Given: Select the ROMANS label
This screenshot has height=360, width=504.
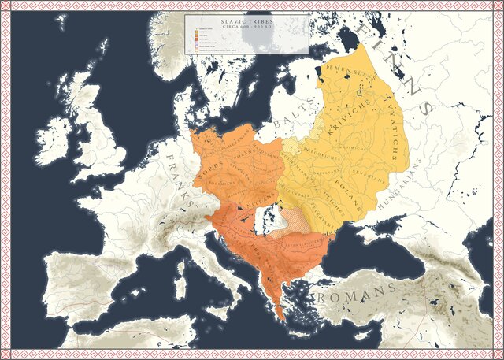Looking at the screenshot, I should click(355, 295).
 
